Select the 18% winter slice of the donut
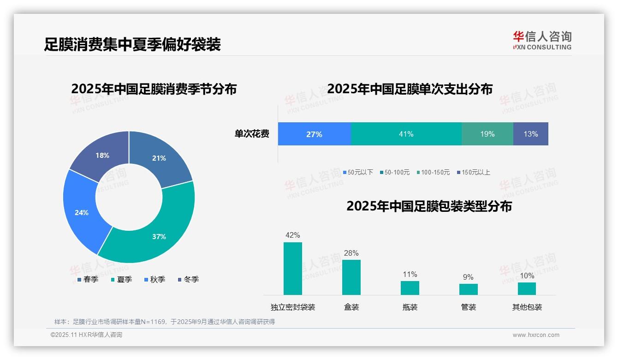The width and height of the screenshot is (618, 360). pyautogui.click(x=102, y=156)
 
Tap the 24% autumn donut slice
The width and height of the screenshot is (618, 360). pyautogui.click(x=82, y=213)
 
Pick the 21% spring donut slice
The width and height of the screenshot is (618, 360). pyautogui.click(x=159, y=158)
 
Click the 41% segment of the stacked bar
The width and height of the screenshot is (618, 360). pyautogui.click(x=406, y=134)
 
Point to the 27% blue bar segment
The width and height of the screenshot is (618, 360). pyautogui.click(x=314, y=134)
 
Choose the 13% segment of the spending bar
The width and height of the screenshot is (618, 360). pyautogui.click(x=530, y=134)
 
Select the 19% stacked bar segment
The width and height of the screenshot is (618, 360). pyautogui.click(x=487, y=134)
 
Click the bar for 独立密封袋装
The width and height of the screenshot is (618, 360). pyautogui.click(x=292, y=269)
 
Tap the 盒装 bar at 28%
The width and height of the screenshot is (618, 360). pyautogui.click(x=351, y=277)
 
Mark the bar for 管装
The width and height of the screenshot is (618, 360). pyautogui.click(x=468, y=289)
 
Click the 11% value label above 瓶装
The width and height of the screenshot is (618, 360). pyautogui.click(x=410, y=275)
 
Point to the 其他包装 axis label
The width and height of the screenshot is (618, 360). pyautogui.click(x=527, y=307)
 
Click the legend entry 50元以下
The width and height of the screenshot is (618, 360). pyautogui.click(x=358, y=172)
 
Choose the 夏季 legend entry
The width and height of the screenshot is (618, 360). pyautogui.click(x=122, y=279)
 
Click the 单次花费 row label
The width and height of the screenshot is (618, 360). pyautogui.click(x=252, y=134)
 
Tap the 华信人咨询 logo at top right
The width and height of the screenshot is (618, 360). pyautogui.click(x=542, y=40)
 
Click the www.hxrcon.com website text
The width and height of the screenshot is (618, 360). pyautogui.click(x=535, y=335)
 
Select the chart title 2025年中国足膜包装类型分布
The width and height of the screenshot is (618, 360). pyautogui.click(x=429, y=206)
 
